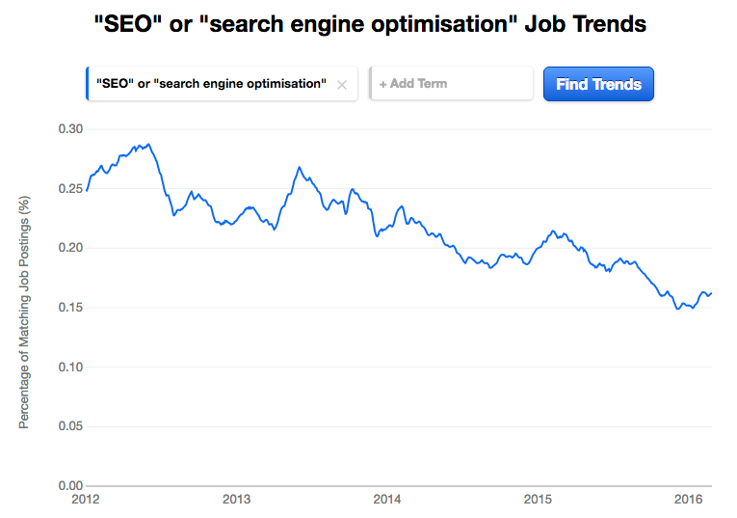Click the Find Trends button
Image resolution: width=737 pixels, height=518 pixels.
pyautogui.click(x=598, y=84)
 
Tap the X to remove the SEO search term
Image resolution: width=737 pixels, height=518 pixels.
pyautogui.click(x=342, y=84)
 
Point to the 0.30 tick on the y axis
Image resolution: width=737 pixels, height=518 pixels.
pyautogui.click(x=72, y=128)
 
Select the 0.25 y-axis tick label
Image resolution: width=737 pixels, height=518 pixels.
pyautogui.click(x=72, y=188)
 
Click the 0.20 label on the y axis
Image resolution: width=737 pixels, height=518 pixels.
pyautogui.click(x=72, y=248)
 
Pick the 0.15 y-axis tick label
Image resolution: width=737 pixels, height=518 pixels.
pyautogui.click(x=72, y=307)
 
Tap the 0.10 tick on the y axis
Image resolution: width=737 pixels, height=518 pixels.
pyautogui.click(x=72, y=367)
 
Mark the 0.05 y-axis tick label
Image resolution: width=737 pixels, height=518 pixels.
pyautogui.click(x=72, y=425)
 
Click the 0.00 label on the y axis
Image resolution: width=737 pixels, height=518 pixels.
pyautogui.click(x=72, y=485)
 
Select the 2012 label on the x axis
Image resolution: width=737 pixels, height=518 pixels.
pyautogui.click(x=86, y=500)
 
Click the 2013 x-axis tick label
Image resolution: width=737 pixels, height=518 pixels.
pyautogui.click(x=236, y=500)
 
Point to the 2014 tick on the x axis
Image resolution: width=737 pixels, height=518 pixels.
pyautogui.click(x=386, y=500)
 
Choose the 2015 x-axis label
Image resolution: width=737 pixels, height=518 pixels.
pyautogui.click(x=537, y=500)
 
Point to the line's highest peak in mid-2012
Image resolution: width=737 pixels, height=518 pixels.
pyautogui.click(x=147, y=144)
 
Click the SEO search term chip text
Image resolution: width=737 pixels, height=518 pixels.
pyautogui.click(x=206, y=84)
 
